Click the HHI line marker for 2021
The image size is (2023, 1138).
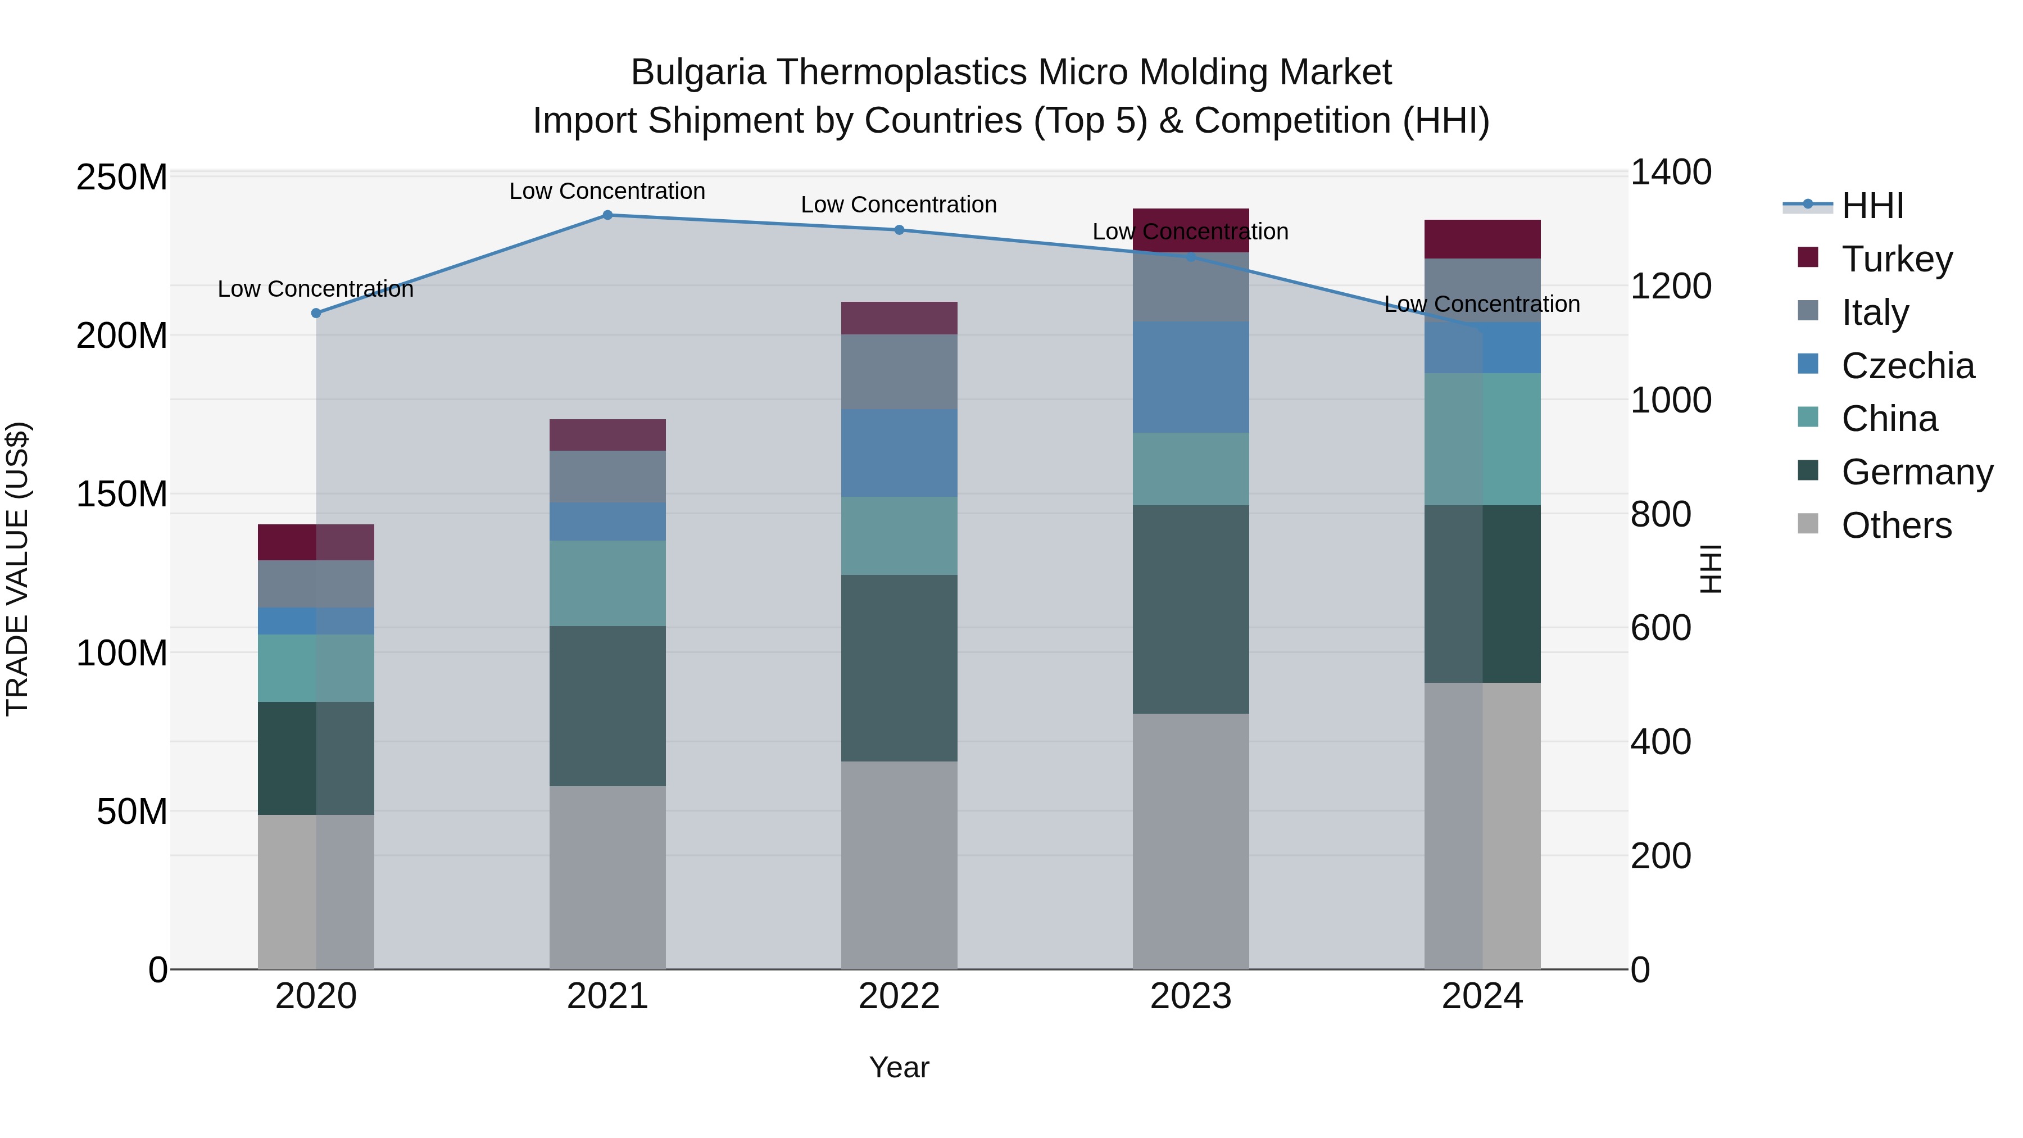click(607, 215)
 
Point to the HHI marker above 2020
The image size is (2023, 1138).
click(316, 314)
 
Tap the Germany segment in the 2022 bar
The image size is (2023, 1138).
click(899, 668)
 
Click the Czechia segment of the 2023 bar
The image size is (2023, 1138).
click(1191, 377)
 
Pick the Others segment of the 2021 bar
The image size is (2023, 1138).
click(607, 877)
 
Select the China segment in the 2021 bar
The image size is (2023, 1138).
click(607, 583)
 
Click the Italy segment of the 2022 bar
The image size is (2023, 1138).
click(899, 371)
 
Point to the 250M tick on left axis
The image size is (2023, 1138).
click(122, 178)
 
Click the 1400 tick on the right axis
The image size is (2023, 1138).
click(1671, 173)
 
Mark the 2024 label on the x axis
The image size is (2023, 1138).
click(1482, 996)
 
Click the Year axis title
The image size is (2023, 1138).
click(899, 1067)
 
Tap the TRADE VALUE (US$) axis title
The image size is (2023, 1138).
click(18, 569)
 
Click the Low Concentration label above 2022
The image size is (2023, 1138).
click(899, 205)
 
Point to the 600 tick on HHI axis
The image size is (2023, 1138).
click(1660, 628)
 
